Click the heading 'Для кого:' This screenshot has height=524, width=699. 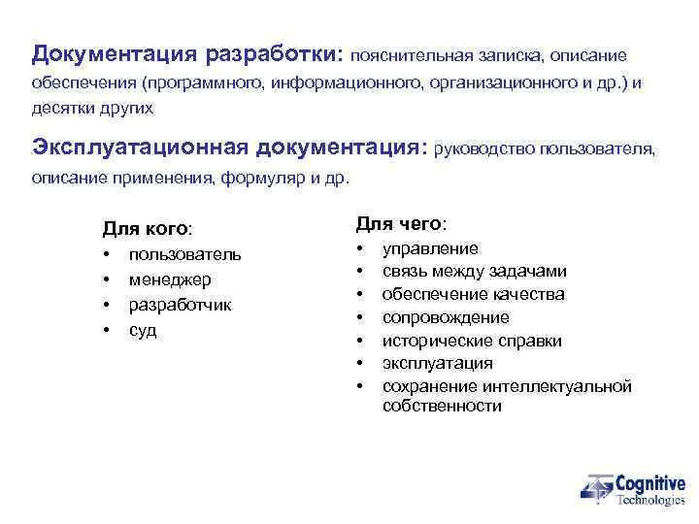click(148, 229)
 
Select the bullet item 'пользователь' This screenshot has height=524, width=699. click(185, 254)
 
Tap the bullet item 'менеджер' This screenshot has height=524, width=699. click(170, 279)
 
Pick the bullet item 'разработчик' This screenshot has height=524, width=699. click(180, 305)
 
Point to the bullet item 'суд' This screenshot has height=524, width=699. click(143, 330)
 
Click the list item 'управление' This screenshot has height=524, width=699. click(430, 248)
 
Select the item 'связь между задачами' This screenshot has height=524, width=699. click(474, 271)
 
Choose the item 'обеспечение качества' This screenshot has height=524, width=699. click(473, 294)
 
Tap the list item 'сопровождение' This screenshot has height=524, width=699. click(446, 317)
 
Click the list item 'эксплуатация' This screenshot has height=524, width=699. click(437, 363)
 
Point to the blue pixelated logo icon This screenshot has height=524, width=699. click(597, 489)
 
